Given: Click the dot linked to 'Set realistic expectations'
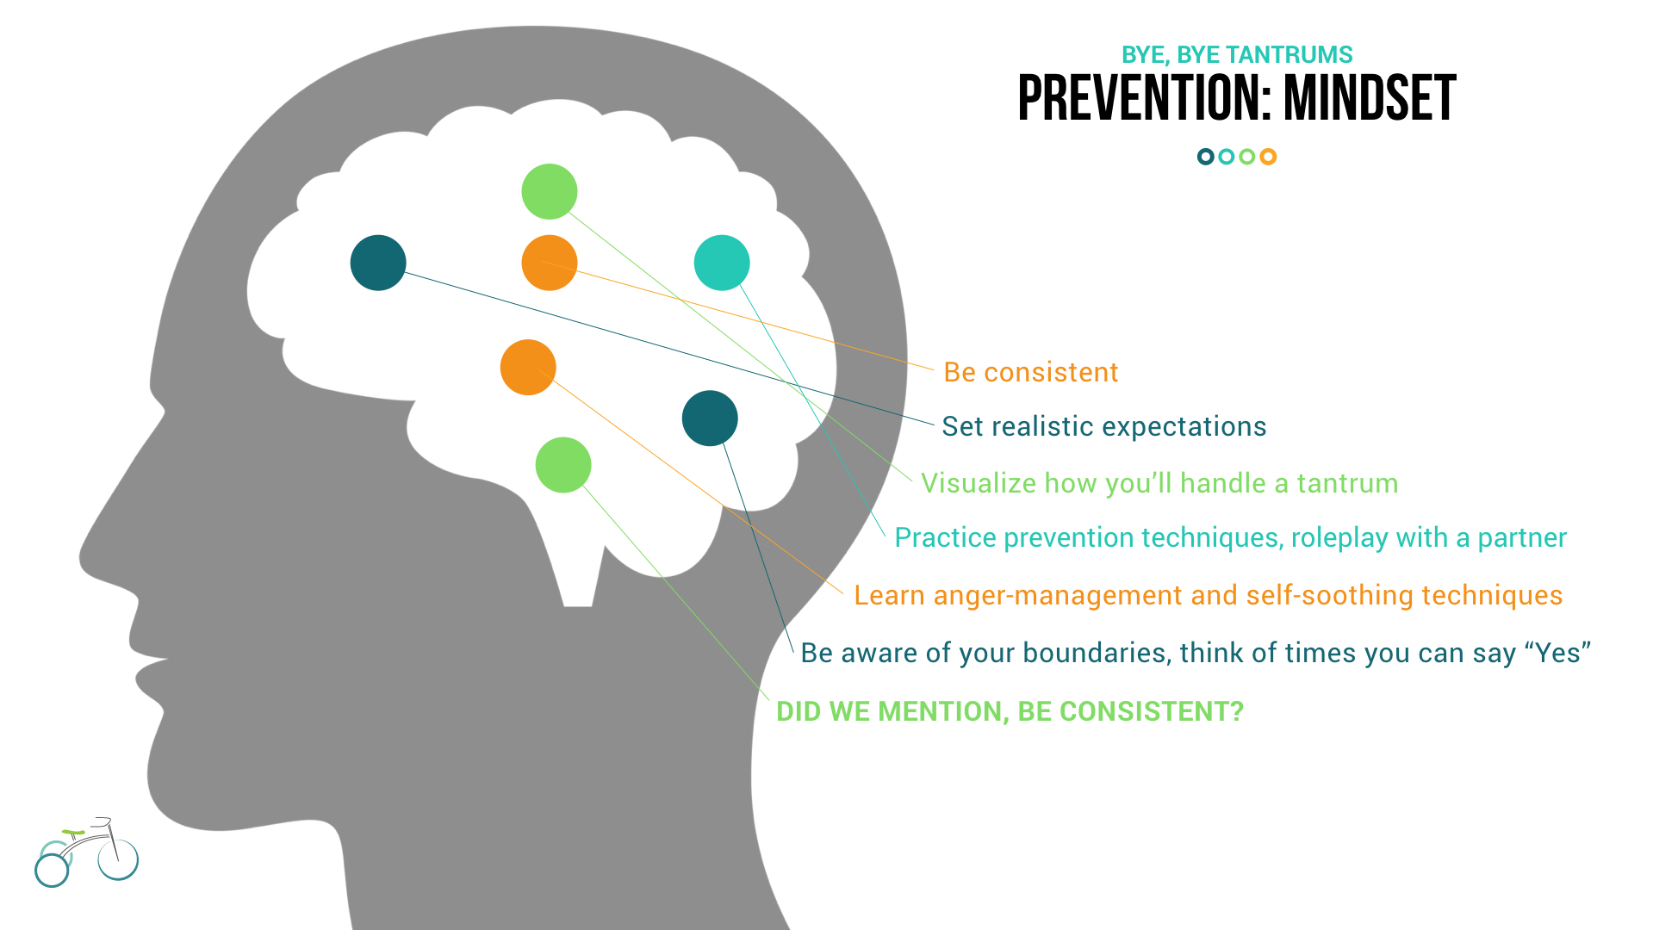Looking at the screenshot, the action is pyautogui.click(x=378, y=263).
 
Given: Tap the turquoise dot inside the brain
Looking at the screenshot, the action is pyautogui.click(x=722, y=263).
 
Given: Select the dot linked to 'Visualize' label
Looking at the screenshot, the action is pyautogui.click(x=550, y=191).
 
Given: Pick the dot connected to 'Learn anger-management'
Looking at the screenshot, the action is pyautogui.click(x=528, y=368).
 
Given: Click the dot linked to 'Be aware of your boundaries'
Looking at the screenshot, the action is pyautogui.click(x=710, y=418).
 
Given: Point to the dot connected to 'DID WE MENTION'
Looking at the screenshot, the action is pyautogui.click(x=563, y=465).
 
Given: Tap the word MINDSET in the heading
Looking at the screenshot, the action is pyautogui.click(x=1370, y=98).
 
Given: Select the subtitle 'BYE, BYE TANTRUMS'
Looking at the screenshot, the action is pyautogui.click(x=1237, y=55).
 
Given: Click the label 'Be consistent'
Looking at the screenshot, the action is pyautogui.click(x=1031, y=372).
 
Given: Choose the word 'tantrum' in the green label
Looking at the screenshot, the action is pyautogui.click(x=1347, y=483).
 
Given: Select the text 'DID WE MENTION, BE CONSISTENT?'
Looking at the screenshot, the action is pyautogui.click(x=1010, y=711).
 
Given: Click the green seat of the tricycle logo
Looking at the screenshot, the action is pyautogui.click(x=73, y=833).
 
